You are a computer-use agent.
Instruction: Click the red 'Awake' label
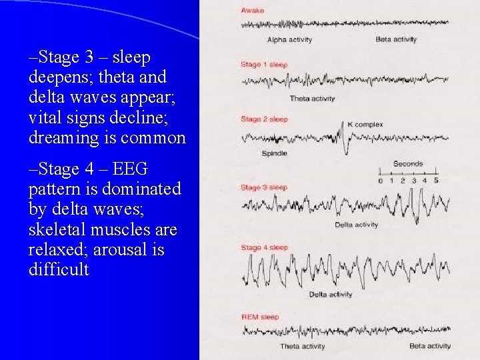click(253, 11)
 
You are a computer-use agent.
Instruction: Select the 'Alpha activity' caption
click(289, 39)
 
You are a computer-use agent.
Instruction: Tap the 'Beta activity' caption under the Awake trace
click(396, 39)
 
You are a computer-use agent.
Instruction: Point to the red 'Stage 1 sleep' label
click(264, 65)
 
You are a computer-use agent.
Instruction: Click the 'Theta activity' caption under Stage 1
click(312, 99)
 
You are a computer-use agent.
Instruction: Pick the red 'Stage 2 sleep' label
click(264, 119)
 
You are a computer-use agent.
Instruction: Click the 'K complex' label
click(365, 125)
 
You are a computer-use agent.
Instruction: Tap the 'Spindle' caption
click(274, 153)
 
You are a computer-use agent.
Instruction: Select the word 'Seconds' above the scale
click(408, 163)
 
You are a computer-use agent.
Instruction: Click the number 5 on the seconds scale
click(436, 181)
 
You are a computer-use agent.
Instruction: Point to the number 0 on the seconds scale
click(381, 181)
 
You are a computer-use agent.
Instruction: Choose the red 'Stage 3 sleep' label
click(264, 187)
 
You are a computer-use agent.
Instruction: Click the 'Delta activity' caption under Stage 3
click(357, 225)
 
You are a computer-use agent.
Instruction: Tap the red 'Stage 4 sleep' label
click(264, 247)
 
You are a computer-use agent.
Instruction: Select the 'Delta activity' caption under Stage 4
click(331, 294)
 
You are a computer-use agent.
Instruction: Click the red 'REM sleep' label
click(260, 317)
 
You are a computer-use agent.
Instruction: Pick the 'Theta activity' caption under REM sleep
click(303, 346)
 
